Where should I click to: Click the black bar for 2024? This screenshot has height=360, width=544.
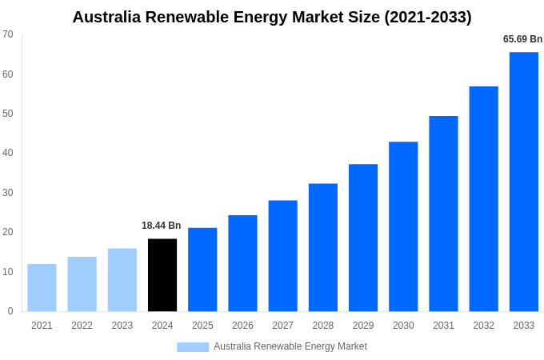(x=162, y=274)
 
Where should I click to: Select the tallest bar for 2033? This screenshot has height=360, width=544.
(x=523, y=182)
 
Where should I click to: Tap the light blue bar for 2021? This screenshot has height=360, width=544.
(x=42, y=287)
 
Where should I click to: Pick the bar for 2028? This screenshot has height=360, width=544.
(x=322, y=247)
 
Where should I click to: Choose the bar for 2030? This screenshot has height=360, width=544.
(x=403, y=226)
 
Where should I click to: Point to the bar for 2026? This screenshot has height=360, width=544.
(x=242, y=263)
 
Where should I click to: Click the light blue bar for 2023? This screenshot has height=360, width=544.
(x=122, y=279)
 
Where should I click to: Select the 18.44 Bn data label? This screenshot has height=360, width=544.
(x=162, y=226)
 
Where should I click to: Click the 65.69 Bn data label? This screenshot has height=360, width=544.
(x=522, y=39)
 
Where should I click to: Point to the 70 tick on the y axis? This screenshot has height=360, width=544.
(x=8, y=34)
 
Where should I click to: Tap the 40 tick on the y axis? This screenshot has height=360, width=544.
(x=8, y=153)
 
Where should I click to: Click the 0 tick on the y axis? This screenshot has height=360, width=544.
(x=10, y=311)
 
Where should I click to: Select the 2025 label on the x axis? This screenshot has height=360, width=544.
(x=202, y=326)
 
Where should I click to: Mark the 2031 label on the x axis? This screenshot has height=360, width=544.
(x=443, y=326)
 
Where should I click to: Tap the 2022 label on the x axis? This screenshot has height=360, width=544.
(x=82, y=326)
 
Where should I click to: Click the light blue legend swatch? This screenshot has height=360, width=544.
(x=193, y=347)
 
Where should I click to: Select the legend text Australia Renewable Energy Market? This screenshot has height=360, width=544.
(x=290, y=346)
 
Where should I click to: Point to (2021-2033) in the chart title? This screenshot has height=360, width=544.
(x=428, y=17)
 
